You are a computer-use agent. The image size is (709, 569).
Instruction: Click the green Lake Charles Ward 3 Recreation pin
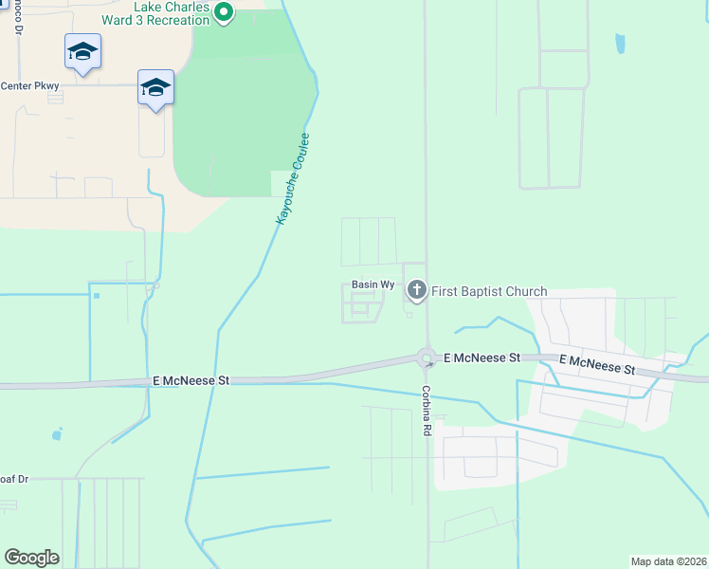[x=224, y=12]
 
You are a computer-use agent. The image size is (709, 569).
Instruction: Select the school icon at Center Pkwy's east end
[x=155, y=88]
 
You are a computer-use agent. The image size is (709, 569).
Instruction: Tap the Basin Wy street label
[x=373, y=284]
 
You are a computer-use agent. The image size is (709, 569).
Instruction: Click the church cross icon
[x=415, y=291]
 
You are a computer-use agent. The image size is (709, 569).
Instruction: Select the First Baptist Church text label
[x=489, y=291]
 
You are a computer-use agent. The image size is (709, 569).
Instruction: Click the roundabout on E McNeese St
[x=427, y=358]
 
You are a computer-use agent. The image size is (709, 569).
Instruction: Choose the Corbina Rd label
[x=427, y=411]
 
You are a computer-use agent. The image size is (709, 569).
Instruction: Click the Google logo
[x=31, y=558]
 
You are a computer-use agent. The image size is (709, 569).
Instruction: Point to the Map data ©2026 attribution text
[x=668, y=561]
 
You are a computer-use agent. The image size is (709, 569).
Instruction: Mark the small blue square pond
[x=97, y=295]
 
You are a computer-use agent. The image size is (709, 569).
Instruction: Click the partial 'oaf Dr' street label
[x=15, y=479]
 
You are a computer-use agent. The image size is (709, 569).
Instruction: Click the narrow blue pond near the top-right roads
[x=620, y=44]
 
